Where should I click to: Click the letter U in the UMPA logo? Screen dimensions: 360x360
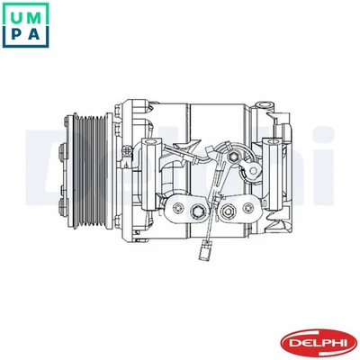pyautogui.click(x=14, y=13)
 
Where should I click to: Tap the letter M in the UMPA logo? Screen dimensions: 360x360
pyautogui.click(x=35, y=13)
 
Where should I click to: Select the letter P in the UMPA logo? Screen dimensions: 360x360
pyautogui.click(x=14, y=34)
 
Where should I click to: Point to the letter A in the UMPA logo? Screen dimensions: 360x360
pyautogui.click(x=35, y=34)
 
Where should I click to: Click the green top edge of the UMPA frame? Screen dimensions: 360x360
pyautogui.click(x=24, y=3)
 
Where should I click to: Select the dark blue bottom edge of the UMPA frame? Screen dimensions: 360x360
pyautogui.click(x=24, y=46)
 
